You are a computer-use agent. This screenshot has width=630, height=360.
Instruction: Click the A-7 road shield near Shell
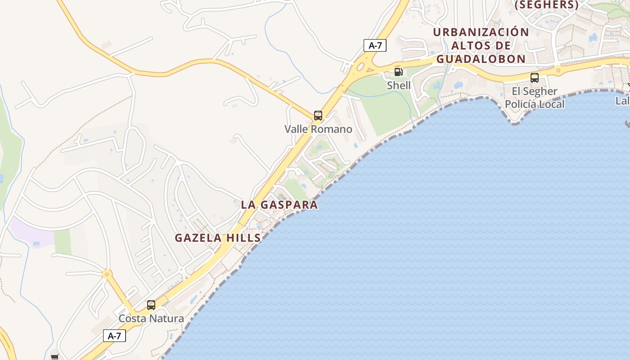[375, 45]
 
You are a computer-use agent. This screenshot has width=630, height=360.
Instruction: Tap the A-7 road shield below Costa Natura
[114, 336]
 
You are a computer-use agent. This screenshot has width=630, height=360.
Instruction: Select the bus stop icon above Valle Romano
[318, 116]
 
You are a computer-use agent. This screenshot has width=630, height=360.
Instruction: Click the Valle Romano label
[318, 129]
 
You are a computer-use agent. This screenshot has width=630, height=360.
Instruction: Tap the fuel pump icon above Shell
[398, 72]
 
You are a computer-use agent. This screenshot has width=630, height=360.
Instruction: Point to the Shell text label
[399, 85]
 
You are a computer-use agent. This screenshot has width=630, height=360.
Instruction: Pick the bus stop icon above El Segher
[535, 78]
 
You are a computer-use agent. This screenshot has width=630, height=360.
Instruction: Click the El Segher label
[535, 91]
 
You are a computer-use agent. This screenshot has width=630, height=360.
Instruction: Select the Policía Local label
[535, 104]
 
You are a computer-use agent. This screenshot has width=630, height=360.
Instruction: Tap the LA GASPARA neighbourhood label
[279, 205]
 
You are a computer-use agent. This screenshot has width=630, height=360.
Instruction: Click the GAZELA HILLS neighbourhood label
[218, 238]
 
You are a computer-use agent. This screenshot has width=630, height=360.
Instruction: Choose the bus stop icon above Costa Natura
[151, 305]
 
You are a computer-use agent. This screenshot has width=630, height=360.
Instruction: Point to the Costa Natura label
[151, 319]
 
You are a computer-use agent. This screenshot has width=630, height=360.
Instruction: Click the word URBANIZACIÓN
[481, 32]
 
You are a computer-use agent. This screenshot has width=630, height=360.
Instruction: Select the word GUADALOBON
[481, 59]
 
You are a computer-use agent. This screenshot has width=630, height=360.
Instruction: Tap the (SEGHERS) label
[546, 5]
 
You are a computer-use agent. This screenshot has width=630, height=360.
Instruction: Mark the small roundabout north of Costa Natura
[107, 274]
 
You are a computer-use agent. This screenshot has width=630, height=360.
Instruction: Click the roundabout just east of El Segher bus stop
[558, 70]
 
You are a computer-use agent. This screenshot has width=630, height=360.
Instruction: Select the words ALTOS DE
[481, 45]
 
